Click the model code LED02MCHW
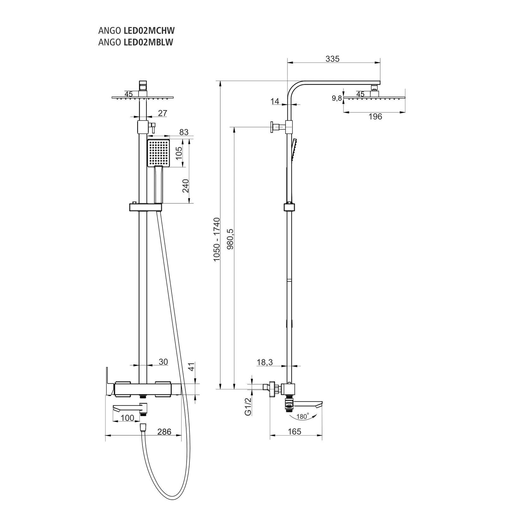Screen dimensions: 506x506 click(149, 31)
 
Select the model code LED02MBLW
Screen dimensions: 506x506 click(148, 42)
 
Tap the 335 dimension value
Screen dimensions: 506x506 click(332, 59)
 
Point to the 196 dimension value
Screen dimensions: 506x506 click(375, 117)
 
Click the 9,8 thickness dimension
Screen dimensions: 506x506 click(337, 98)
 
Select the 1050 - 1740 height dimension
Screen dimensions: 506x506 click(217, 239)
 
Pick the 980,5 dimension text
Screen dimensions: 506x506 click(230, 239)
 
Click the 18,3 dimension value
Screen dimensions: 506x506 click(265, 362)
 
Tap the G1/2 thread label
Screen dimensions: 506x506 click(248, 406)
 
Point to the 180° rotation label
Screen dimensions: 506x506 click(302, 417)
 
